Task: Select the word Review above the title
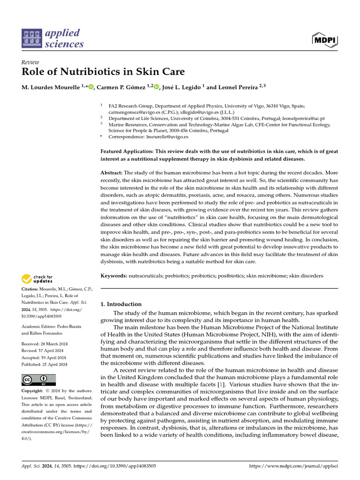tap(30, 62)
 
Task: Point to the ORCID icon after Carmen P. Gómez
tap(156, 87)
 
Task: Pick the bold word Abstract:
tap(112, 172)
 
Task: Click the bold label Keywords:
tap(114, 276)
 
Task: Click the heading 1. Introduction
tap(121, 304)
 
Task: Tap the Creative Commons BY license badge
tap(38, 380)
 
